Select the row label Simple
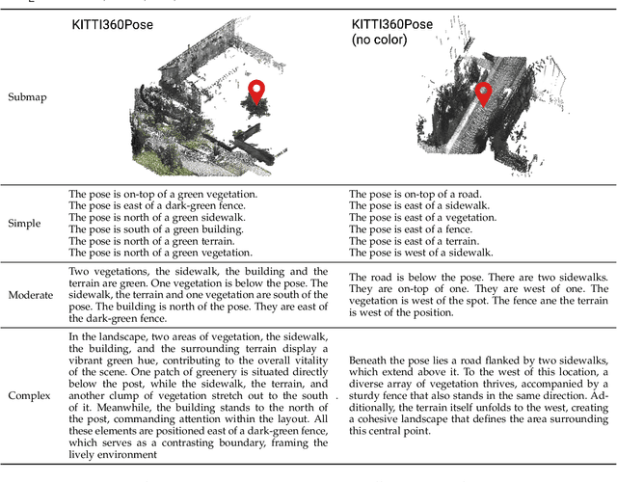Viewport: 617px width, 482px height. [x=24, y=224]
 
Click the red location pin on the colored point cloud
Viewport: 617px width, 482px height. [x=256, y=93]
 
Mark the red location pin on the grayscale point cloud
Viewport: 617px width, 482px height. [x=483, y=94]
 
